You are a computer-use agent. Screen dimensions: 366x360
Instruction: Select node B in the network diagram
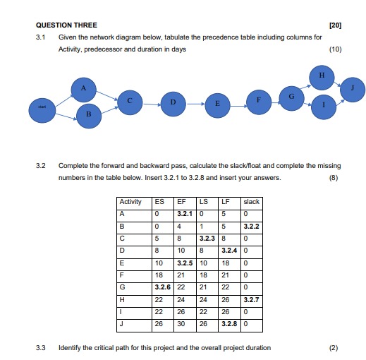(x=89, y=114)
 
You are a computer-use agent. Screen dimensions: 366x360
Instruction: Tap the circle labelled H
(x=322, y=75)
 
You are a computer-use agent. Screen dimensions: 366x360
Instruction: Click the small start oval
(x=42, y=107)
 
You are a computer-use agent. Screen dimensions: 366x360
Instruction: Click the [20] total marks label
(x=335, y=25)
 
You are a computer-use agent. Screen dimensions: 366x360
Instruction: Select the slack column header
(x=252, y=202)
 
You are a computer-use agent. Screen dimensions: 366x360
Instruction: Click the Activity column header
(x=131, y=202)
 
